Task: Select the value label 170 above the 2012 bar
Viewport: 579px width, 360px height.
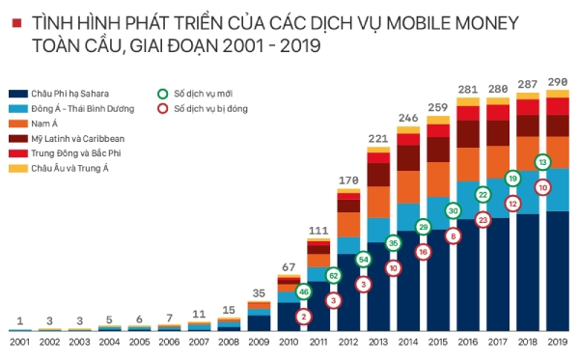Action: click(347, 180)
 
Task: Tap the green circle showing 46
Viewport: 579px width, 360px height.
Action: click(304, 291)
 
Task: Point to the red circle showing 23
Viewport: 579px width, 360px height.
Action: click(483, 219)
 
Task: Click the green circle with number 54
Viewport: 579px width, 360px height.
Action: click(363, 259)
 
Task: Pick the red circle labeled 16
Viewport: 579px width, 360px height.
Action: click(423, 251)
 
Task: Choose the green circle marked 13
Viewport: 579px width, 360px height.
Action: click(542, 162)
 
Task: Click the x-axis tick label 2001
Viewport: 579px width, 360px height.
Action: click(20, 343)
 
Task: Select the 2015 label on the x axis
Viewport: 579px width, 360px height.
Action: click(438, 343)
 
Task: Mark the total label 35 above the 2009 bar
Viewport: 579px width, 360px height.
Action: click(259, 292)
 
